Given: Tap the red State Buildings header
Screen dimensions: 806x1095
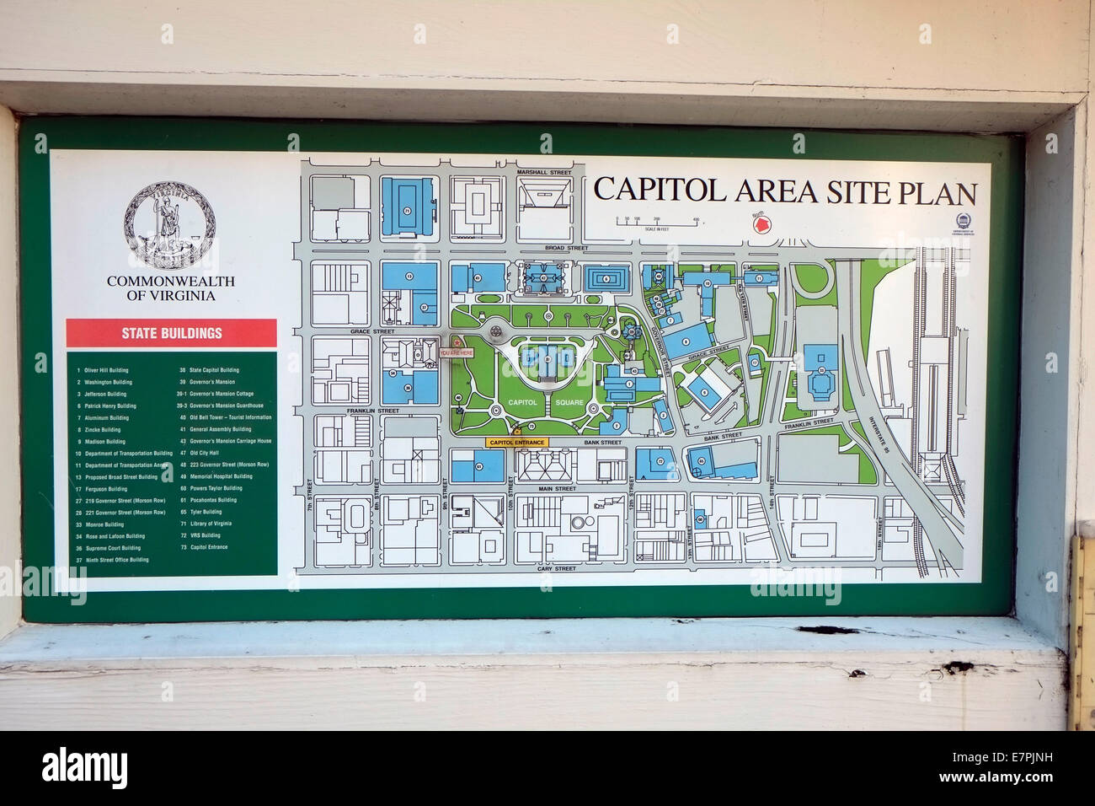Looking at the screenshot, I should tap(171, 332).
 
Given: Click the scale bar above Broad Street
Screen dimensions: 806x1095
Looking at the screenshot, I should tap(657, 222).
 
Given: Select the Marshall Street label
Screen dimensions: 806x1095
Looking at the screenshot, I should tap(544, 171).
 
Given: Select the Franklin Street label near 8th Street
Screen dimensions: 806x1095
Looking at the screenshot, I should tap(372, 411).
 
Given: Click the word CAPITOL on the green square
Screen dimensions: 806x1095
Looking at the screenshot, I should tap(522, 403).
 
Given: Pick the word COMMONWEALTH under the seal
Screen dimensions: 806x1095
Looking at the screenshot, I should tap(170, 282).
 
